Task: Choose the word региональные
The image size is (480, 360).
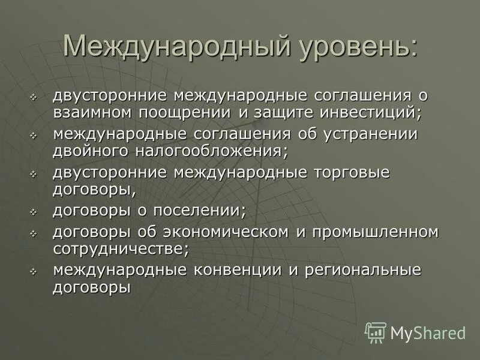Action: pyautogui.click(x=363, y=271)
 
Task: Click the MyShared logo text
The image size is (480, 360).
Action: pyautogui.click(x=428, y=332)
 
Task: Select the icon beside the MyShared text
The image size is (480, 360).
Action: pyautogui.click(x=375, y=332)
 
